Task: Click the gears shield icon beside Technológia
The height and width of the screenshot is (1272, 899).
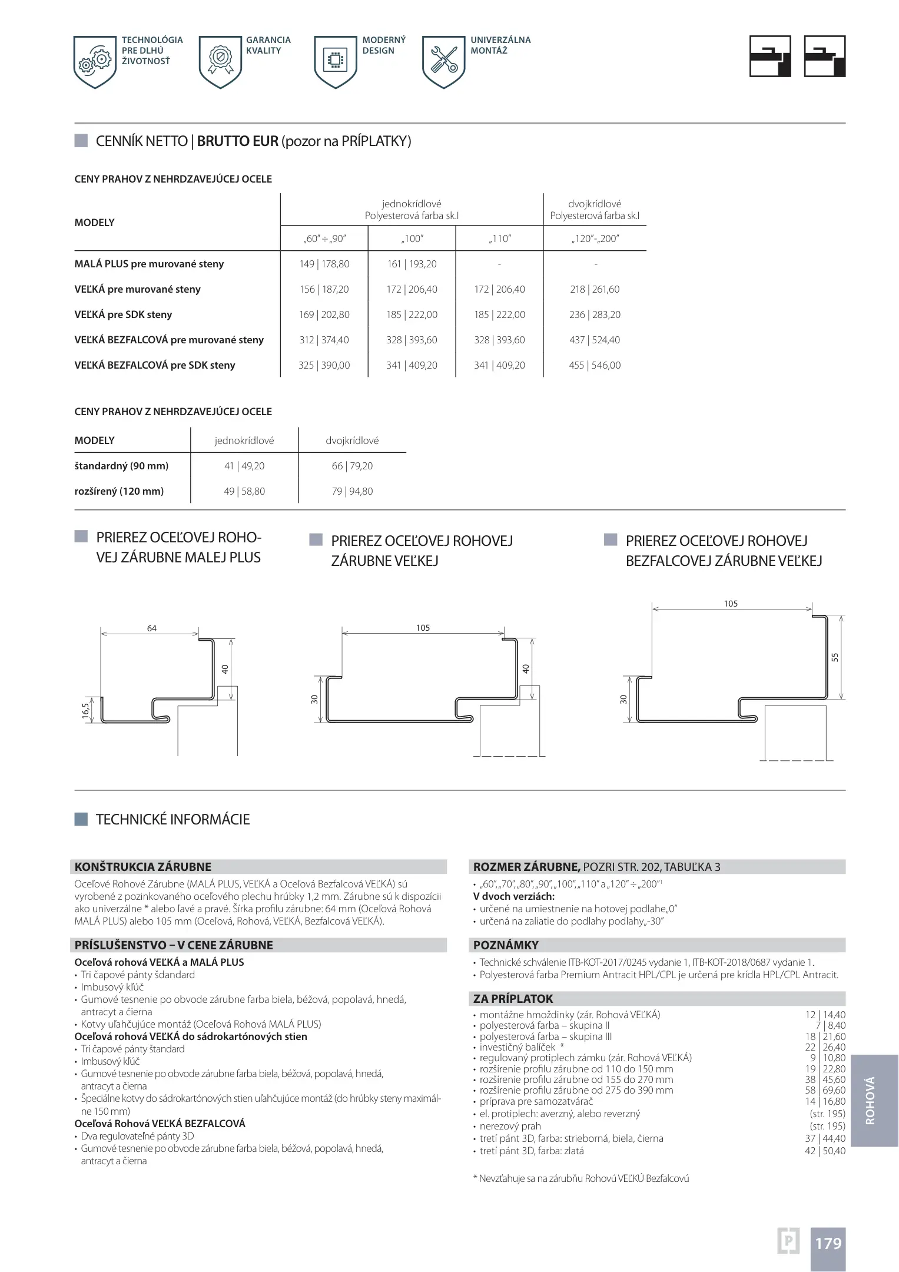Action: pos(95,62)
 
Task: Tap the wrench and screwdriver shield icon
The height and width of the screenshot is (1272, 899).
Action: pos(444,62)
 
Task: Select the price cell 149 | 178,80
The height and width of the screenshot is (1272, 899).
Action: pos(324,264)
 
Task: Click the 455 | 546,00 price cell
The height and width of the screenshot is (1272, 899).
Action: pos(595,365)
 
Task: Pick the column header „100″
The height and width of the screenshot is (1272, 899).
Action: pos(412,238)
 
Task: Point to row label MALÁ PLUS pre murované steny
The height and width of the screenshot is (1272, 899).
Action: pos(149,264)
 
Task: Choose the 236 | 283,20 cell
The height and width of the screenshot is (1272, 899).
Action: pos(595,314)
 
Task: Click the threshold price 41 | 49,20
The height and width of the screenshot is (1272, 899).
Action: pos(244,466)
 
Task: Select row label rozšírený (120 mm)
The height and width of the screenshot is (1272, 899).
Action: pos(119,491)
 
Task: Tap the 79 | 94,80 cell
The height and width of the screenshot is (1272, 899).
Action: pos(352,491)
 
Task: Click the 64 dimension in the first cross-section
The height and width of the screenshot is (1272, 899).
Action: pos(152,628)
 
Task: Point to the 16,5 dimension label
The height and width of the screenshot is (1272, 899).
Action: pos(86,711)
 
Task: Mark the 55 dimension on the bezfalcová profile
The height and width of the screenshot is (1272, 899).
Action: pos(835,657)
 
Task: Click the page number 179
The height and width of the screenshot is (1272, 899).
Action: pos(828,1243)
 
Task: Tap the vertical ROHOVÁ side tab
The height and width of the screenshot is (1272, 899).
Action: pos(870,1101)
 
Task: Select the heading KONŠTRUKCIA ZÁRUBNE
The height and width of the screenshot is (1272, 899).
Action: pos(143,867)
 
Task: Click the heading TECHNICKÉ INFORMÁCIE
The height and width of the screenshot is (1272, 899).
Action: pos(172,819)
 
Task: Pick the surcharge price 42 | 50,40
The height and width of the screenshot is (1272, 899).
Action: pos(825,1151)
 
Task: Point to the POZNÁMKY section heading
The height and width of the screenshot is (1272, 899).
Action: pos(506,945)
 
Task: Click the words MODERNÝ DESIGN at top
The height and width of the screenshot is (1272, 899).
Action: pos(384,45)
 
